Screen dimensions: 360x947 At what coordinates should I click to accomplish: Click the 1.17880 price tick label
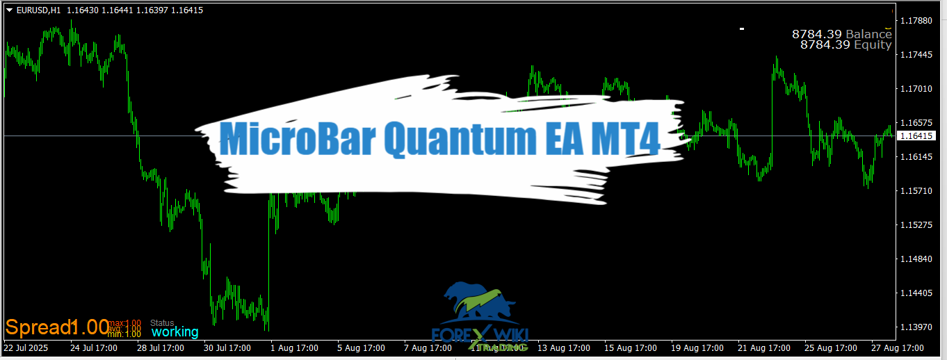click(916, 21)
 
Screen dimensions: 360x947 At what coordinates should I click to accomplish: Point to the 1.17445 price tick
click(916, 55)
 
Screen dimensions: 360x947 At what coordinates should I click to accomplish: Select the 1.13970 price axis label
click(916, 327)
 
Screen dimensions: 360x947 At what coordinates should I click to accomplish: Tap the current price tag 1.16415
click(916, 136)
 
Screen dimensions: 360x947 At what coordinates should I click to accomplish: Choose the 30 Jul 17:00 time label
click(229, 347)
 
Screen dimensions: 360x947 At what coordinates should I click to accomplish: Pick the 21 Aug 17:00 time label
click(764, 347)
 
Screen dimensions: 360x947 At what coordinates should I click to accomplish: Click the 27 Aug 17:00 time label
click(898, 347)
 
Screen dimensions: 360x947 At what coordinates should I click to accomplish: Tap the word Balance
click(868, 34)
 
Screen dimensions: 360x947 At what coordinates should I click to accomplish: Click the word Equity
click(873, 44)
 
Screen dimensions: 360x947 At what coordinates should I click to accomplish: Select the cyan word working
click(175, 332)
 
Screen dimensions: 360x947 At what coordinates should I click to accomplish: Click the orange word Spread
click(38, 327)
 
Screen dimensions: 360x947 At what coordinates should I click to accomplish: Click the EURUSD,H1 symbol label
click(39, 10)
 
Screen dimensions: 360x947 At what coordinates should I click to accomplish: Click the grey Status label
click(162, 322)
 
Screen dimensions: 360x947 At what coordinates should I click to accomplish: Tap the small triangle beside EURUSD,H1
click(8, 10)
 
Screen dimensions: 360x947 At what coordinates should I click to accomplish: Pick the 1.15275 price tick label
click(916, 225)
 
